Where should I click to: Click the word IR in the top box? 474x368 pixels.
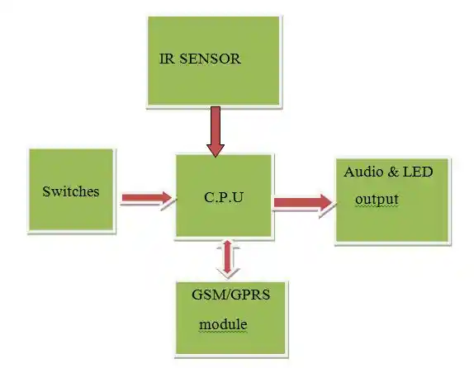(167, 59)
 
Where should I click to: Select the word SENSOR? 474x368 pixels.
(210, 59)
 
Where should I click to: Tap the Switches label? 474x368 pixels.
(71, 191)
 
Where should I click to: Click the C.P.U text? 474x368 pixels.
(224, 197)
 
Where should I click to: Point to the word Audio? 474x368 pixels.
(363, 172)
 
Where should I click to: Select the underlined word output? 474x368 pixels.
(377, 200)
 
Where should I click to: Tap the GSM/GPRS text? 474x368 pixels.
(230, 295)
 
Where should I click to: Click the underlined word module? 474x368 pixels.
(223, 324)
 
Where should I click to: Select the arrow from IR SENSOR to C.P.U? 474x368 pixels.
(216, 131)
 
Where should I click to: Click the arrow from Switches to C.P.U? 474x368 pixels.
(147, 198)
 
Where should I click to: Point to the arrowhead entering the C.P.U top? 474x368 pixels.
(216, 150)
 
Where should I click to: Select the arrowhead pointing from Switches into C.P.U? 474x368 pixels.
(167, 198)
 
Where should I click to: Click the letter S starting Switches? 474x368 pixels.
(46, 191)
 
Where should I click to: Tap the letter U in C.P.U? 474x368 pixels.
(238, 197)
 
